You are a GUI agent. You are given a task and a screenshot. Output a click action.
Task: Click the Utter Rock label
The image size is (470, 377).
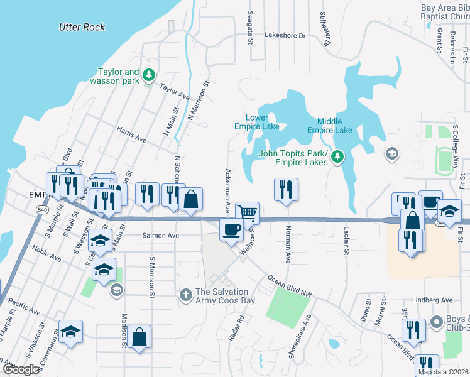click(82, 27)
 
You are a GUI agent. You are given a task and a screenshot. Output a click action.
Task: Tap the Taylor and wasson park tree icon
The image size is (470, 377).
click(149, 76)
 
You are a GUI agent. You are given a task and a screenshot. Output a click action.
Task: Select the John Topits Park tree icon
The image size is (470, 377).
click(337, 156)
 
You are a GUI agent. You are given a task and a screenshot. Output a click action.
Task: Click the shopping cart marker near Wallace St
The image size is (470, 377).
click(248, 213)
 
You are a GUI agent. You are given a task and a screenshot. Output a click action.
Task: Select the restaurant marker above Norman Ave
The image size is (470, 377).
click(286, 189)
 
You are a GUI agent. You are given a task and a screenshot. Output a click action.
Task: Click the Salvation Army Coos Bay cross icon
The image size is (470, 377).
click(185, 294)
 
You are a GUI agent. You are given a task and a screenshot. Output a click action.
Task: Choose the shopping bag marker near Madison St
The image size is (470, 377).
click(141, 336)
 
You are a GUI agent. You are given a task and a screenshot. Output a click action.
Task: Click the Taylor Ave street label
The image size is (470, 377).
click(174, 92)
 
